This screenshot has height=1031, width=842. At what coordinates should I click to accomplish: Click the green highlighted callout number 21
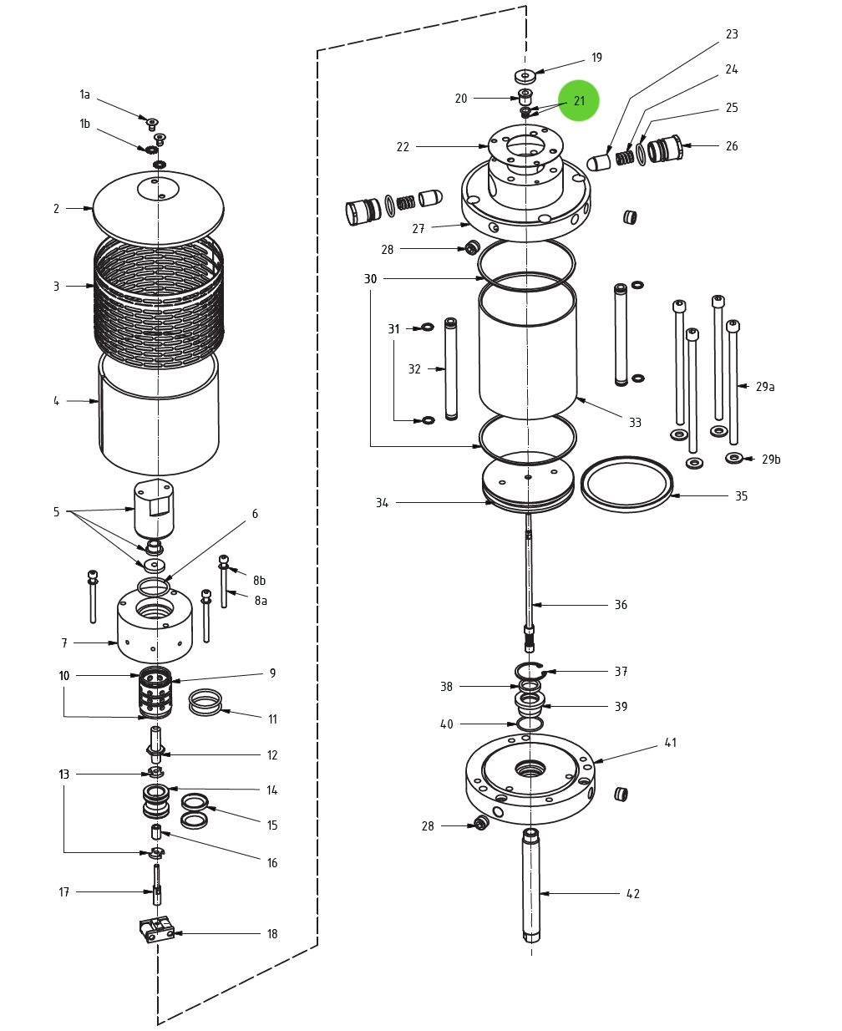pos(579,101)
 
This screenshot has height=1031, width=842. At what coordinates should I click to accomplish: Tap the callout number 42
pos(633,894)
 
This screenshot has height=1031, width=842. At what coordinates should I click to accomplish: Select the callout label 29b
pos(770,460)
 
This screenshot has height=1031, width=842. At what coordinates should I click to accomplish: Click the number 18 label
pos(271,934)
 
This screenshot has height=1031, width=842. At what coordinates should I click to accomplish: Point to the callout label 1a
pos(84,95)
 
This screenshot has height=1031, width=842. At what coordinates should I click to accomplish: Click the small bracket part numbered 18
pos(156,929)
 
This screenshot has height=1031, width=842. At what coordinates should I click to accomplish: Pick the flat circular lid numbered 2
pos(158,209)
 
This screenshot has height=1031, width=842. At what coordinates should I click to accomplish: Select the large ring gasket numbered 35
pos(626,485)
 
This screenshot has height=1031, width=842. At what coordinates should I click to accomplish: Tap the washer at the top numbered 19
pos(525,76)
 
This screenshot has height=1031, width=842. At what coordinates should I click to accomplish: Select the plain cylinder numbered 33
pos(528,351)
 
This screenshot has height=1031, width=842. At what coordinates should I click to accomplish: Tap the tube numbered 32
pos(451,368)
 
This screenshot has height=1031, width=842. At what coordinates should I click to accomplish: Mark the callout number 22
pos(403,147)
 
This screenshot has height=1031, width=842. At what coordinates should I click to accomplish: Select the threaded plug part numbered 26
pos(666,149)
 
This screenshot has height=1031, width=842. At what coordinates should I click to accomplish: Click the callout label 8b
pos(260,581)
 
